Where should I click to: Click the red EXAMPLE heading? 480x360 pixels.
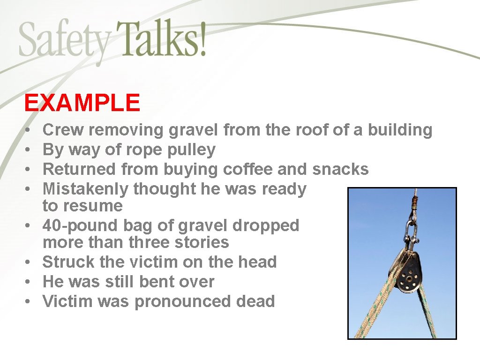(x=82, y=103)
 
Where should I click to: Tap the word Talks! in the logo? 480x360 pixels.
(x=161, y=38)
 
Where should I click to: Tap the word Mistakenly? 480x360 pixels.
(x=86, y=189)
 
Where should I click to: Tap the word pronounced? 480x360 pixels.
(x=183, y=302)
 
